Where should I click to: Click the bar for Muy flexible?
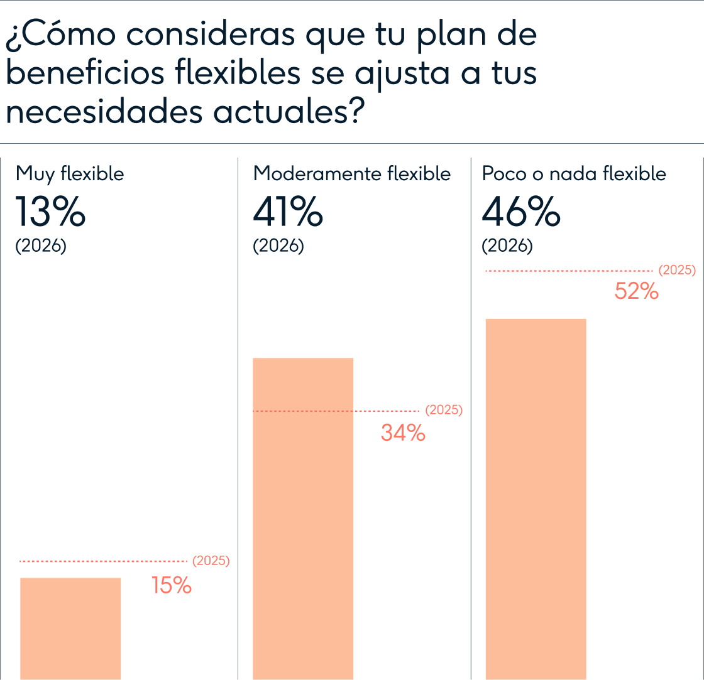[70, 628]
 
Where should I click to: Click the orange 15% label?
[172, 586]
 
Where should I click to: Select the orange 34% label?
[403, 433]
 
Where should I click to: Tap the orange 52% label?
[636, 291]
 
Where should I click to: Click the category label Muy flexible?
[70, 173]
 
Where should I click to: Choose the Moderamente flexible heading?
[352, 173]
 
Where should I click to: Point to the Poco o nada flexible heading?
[574, 173]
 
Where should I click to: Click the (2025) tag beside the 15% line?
[211, 561]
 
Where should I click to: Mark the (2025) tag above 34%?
[444, 410]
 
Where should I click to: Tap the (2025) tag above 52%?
[677, 271]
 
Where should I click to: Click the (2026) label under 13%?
[41, 246]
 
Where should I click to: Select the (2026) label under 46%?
[507, 246]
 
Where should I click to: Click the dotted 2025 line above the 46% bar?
[569, 271]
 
